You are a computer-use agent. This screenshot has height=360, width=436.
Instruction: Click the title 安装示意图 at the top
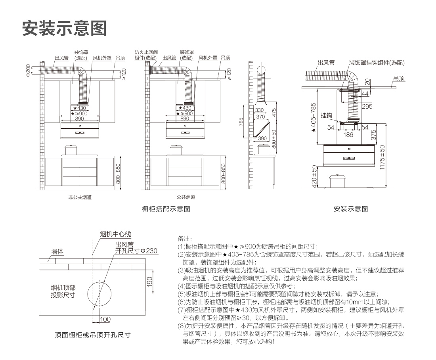tap(65, 28)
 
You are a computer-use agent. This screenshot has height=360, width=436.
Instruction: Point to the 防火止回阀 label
tap(146, 52)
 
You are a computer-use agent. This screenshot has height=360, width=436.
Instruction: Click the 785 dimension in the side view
tap(241, 122)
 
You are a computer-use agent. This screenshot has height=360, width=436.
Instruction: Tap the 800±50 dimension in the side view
tap(273, 138)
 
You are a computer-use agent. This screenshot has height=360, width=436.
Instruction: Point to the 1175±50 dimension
tap(382, 158)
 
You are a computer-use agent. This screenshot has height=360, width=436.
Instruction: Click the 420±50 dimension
tap(314, 176)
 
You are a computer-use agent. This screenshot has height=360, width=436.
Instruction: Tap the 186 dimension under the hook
tap(348, 135)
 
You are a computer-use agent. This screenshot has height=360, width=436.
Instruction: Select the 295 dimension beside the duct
tap(367, 106)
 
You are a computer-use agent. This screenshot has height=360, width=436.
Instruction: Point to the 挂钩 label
tap(326, 115)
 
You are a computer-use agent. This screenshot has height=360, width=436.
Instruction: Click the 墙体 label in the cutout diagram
tap(57, 251)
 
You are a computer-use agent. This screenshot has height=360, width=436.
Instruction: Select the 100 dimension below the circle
tap(105, 319)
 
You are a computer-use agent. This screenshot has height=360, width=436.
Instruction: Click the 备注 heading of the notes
tap(185, 239)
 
